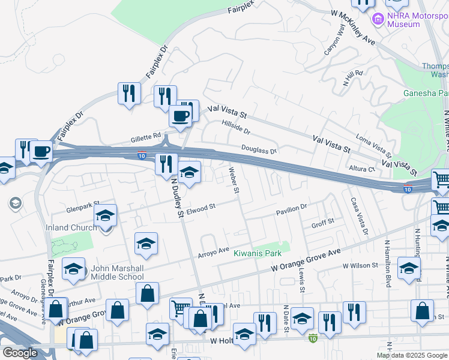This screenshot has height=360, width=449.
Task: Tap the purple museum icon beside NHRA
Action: [378, 19]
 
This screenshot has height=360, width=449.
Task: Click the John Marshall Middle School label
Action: [117, 272]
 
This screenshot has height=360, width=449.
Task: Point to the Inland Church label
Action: [71, 227]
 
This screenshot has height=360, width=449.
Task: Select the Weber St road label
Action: [234, 181]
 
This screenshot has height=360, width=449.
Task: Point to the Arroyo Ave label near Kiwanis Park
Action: [214, 250]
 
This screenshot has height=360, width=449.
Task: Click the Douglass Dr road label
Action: [259, 149]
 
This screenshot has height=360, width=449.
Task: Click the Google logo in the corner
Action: [20, 353]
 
